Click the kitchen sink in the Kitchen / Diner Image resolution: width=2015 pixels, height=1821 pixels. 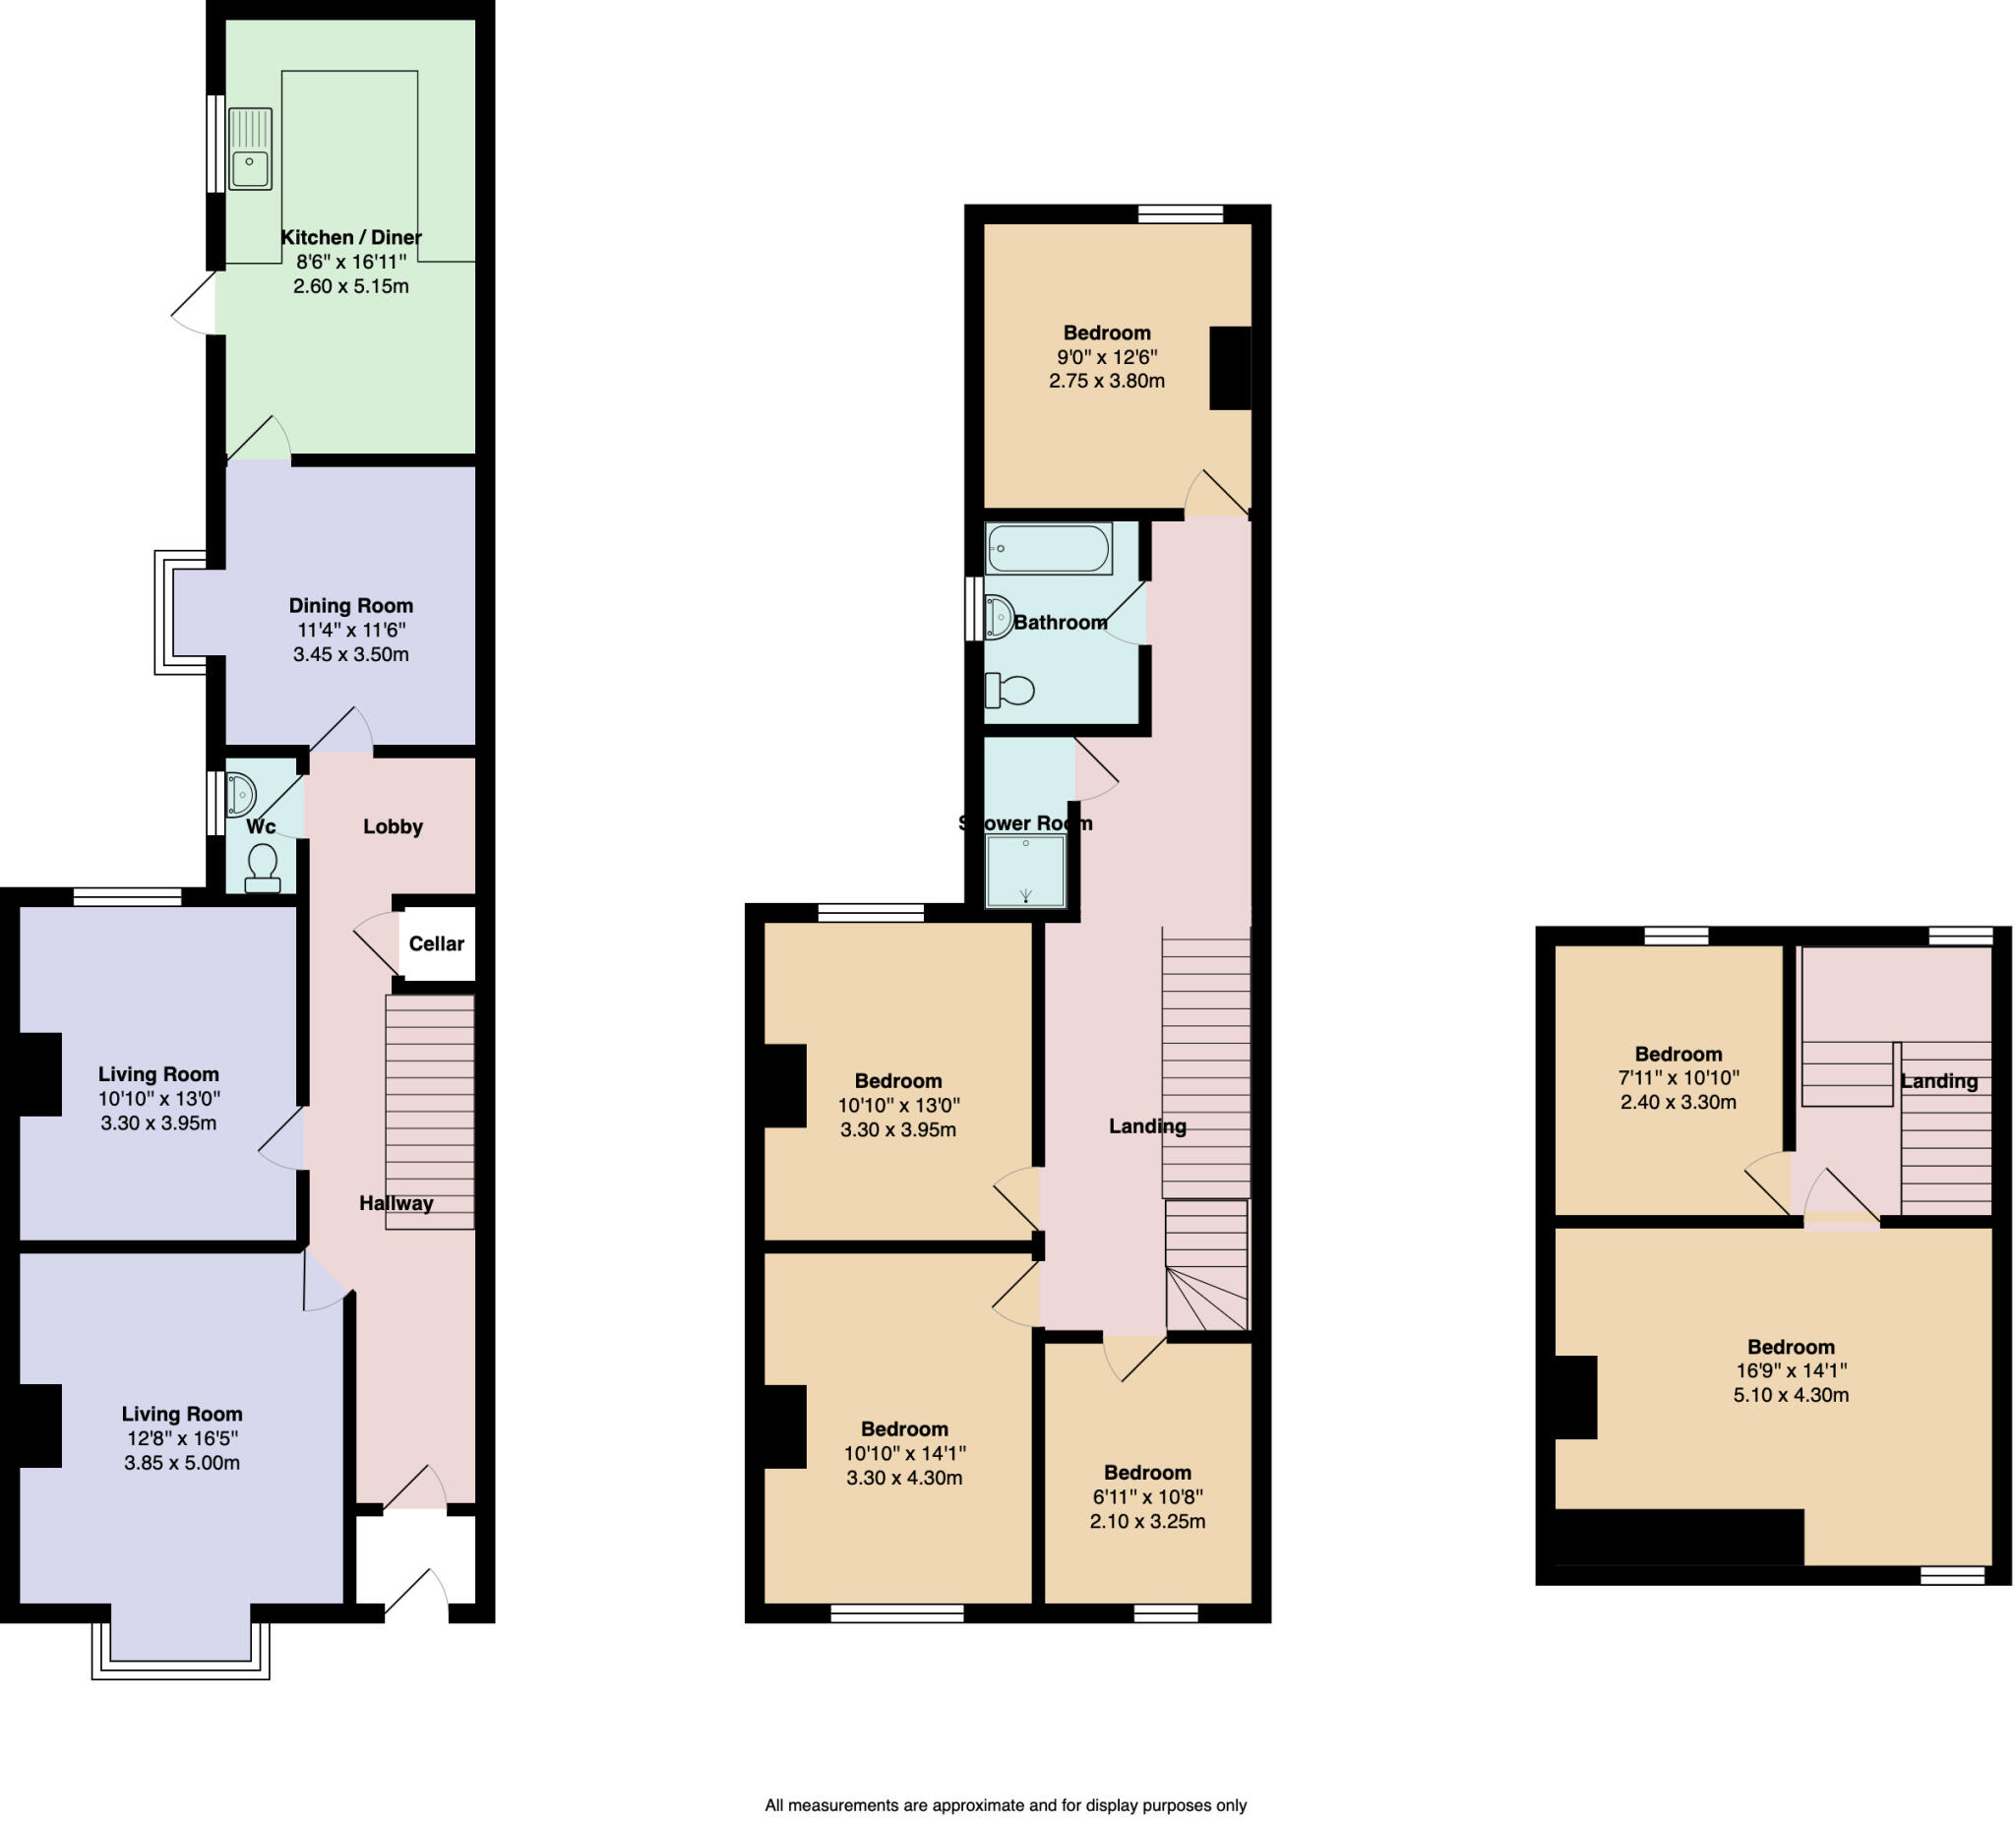tap(250, 149)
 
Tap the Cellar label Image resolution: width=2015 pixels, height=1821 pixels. tap(436, 943)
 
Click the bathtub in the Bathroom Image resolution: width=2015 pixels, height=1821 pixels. tap(1048, 549)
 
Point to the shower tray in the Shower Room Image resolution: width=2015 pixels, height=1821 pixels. tap(1024, 871)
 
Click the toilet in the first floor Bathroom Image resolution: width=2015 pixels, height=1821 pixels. tap(1010, 690)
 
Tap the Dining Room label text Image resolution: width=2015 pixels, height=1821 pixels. tap(351, 606)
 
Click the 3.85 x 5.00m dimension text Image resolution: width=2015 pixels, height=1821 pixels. tap(182, 1462)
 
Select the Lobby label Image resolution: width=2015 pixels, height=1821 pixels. tap(393, 826)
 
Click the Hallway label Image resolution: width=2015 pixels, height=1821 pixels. tap(396, 1203)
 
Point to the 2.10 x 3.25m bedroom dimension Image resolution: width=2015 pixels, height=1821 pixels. tap(1147, 1521)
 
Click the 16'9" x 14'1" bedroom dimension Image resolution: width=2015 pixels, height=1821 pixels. tap(1790, 1370)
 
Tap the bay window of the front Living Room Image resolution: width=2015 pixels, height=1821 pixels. tap(180, 1643)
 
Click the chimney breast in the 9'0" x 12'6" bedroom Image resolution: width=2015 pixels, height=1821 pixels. tap(1230, 368)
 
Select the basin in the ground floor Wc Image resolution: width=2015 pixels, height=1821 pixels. tap(241, 796)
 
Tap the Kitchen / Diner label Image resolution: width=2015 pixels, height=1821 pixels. tap(351, 237)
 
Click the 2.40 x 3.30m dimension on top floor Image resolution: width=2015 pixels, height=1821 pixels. tap(1679, 1103)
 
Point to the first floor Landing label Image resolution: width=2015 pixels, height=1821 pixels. tap(1147, 1126)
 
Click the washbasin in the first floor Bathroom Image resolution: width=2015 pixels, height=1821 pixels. tap(998, 617)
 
